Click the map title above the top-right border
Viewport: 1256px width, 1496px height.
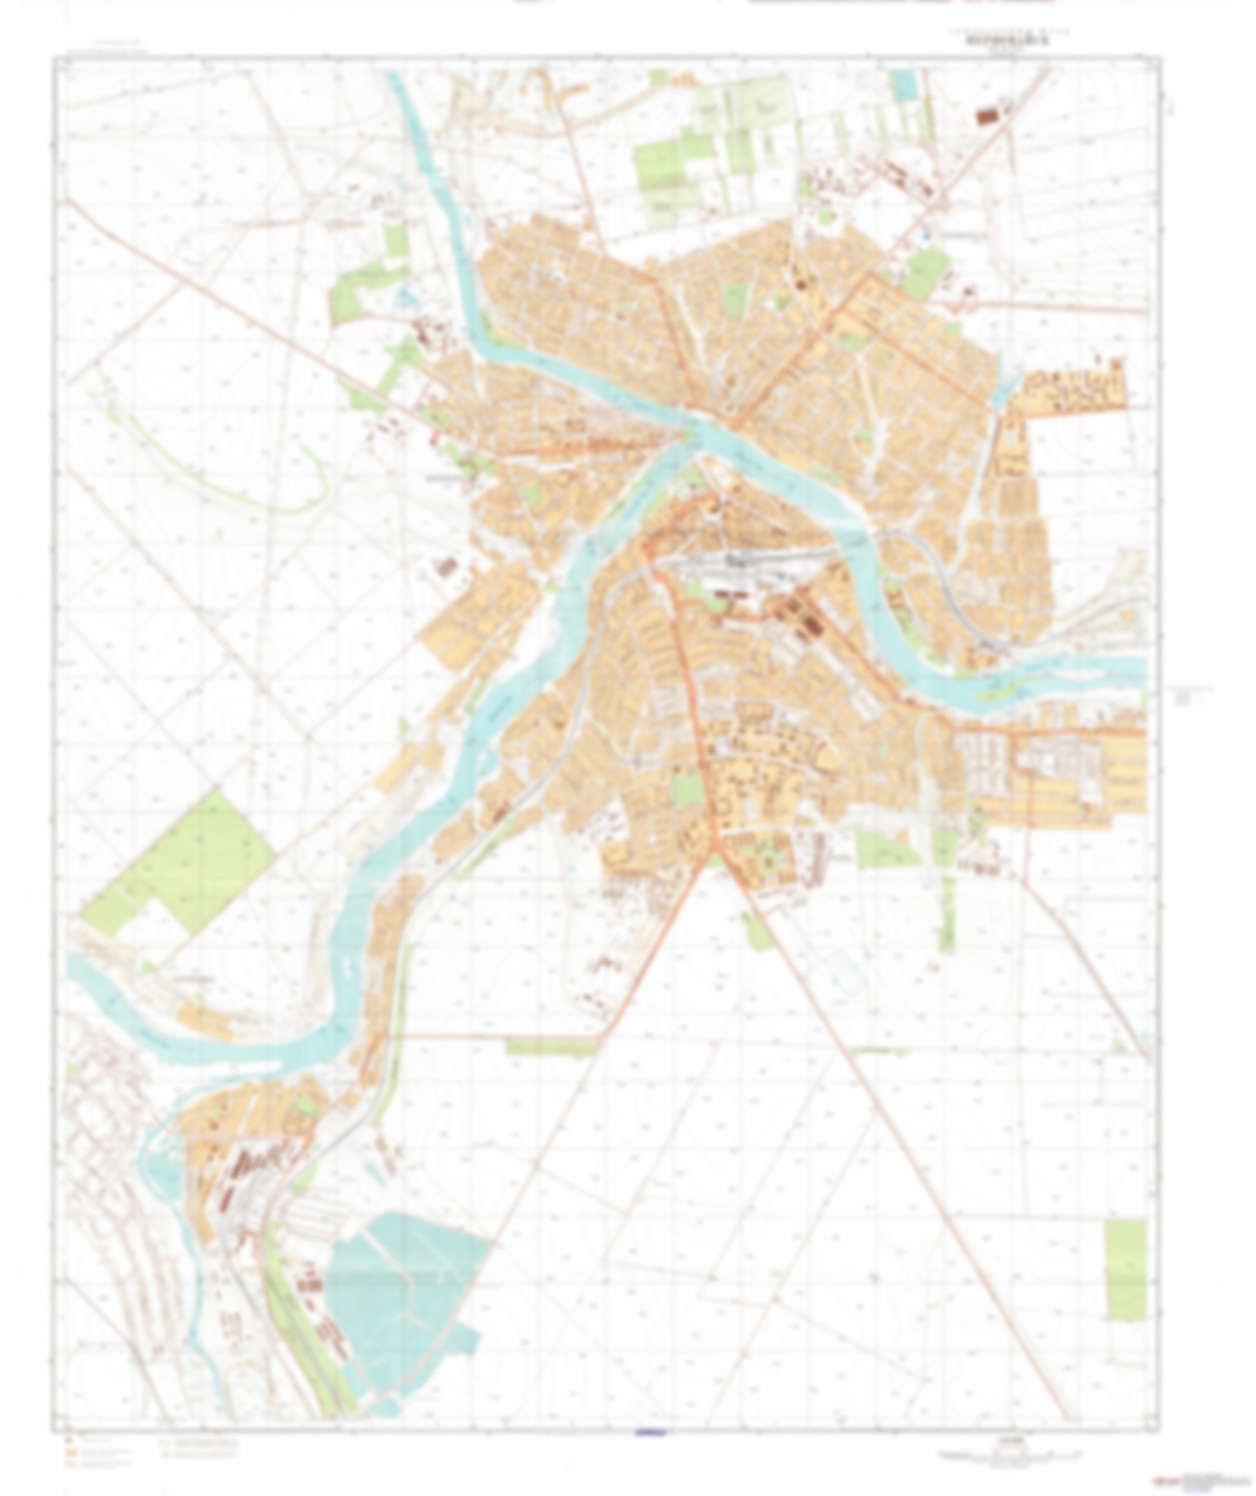(1002, 41)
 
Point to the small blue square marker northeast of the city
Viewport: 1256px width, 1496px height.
(926, 234)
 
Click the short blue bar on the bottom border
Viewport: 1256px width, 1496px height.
(650, 1433)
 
